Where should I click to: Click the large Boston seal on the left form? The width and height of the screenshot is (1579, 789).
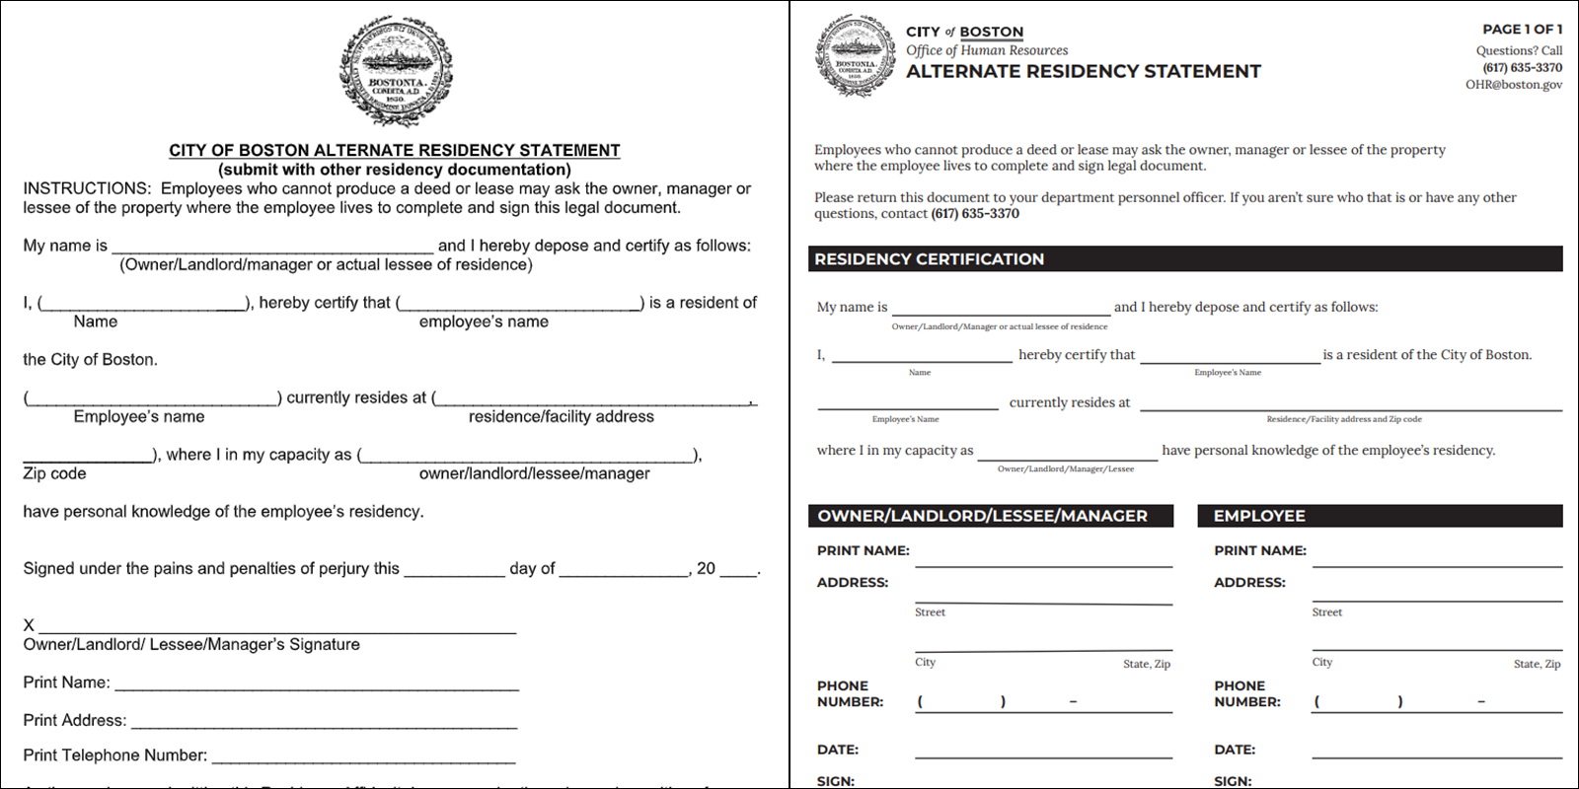coord(396,71)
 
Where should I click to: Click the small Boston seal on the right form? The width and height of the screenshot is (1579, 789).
coord(855,55)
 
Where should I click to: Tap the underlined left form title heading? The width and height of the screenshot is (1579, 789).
coord(395,150)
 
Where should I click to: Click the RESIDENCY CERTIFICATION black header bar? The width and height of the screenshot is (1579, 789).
coord(1184,258)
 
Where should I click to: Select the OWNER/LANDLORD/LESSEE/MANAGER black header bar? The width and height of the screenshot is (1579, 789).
coord(991,516)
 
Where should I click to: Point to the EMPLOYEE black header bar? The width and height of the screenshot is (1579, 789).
coord(1380,516)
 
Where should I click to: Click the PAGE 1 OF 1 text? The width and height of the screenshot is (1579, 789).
coord(1522,30)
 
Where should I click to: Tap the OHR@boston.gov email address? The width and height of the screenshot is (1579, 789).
coord(1513,85)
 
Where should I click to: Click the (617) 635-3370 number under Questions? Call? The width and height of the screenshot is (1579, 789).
coord(1522,68)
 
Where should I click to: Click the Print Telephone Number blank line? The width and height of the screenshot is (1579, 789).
coord(363,757)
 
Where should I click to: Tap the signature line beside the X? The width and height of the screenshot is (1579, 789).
coord(276,626)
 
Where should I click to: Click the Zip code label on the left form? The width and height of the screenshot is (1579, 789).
coord(55,474)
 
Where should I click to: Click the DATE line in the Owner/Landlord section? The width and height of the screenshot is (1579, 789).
coord(1043,752)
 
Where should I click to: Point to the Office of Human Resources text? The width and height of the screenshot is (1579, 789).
coord(987,50)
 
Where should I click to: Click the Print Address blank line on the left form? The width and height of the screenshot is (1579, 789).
coord(324,722)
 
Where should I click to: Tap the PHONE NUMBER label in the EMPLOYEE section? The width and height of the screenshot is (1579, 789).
coord(1247,694)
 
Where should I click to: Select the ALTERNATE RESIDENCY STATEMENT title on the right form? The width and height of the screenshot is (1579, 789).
coord(1084,72)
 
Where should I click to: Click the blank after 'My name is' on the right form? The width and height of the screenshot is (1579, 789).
coord(1001,309)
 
